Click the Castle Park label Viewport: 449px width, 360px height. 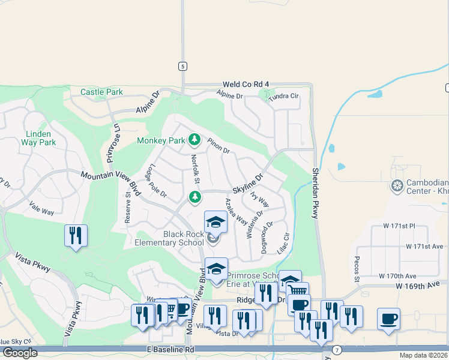pos(101,92)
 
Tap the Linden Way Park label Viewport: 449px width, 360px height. pos(40,138)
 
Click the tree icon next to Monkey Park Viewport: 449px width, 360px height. pos(194,140)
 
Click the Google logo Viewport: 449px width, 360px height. pos(19,353)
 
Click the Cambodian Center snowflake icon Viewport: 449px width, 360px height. pos(396,186)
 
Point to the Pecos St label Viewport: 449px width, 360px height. pos(357,268)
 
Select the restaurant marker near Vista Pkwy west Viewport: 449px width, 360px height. pos(76,235)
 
